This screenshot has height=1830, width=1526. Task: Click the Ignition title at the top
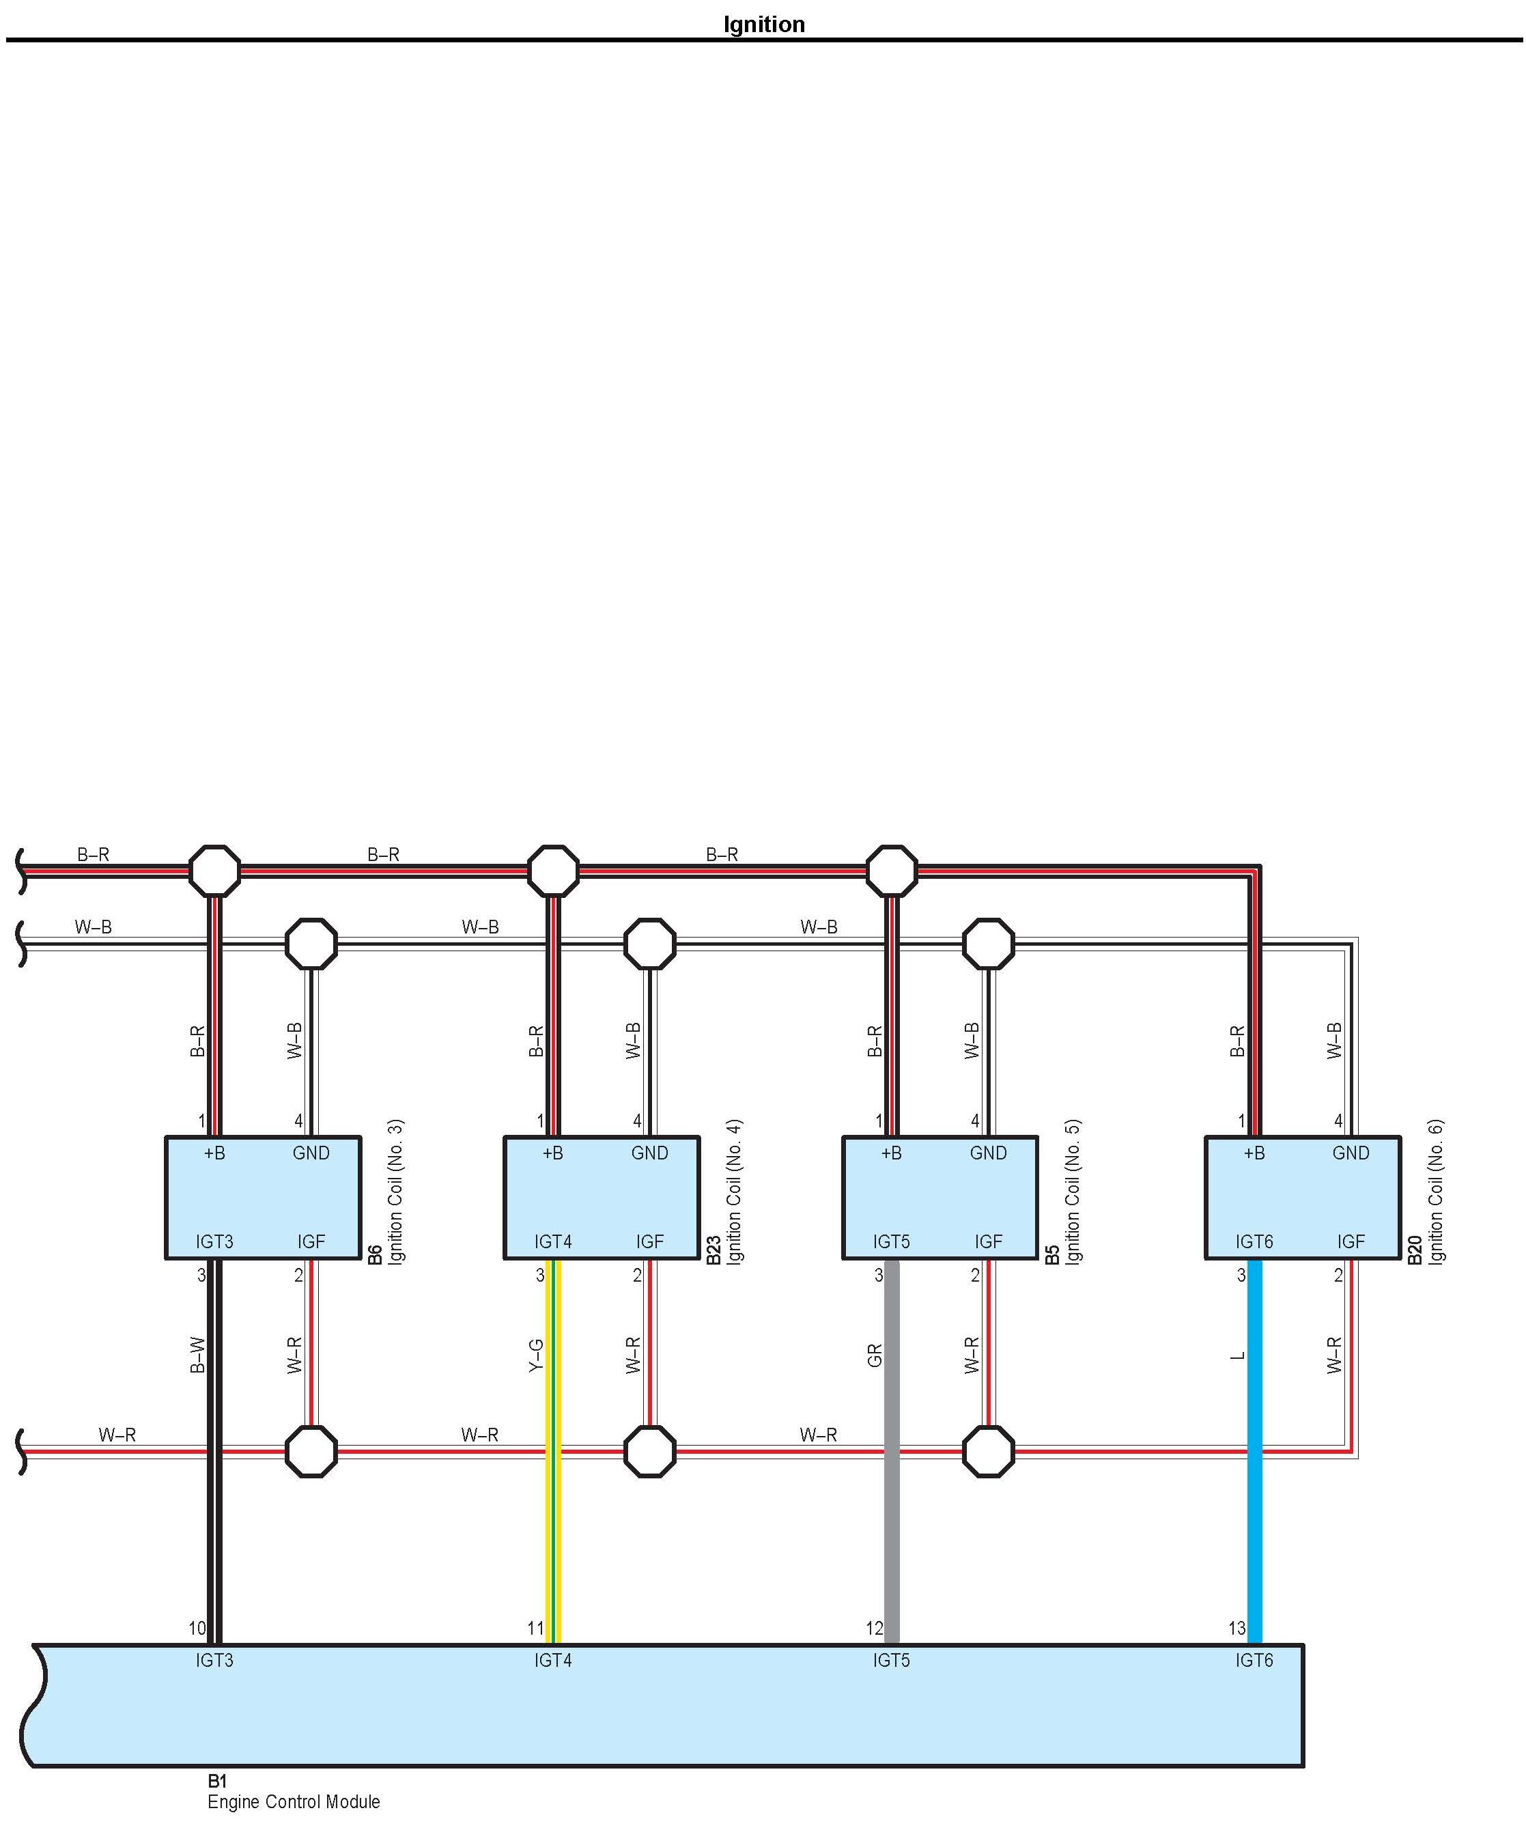point(763,25)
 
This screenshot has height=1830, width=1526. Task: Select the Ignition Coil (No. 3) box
point(262,1196)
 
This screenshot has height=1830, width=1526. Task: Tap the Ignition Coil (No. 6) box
point(1302,1196)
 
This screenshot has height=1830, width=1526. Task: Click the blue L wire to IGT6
point(1255,1482)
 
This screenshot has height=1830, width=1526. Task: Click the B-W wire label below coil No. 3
point(198,1355)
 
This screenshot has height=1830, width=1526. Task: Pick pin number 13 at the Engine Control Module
point(1237,1628)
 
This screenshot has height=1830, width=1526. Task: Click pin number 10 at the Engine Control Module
point(197,1628)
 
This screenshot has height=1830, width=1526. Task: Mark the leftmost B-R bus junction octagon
point(214,871)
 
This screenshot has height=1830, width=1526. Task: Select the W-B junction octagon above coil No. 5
point(988,943)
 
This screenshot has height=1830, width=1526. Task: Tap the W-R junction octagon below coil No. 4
point(649,1452)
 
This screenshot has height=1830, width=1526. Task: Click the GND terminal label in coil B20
point(1350,1153)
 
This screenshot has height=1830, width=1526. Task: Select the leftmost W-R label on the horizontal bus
point(117,1435)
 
